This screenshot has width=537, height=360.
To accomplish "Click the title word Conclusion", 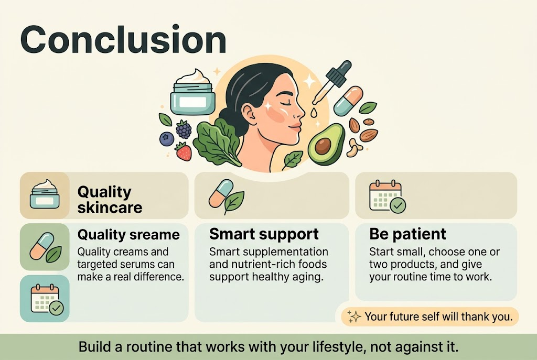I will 123,40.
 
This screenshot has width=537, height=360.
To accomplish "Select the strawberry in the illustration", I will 183,151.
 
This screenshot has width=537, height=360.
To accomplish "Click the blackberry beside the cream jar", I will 183,128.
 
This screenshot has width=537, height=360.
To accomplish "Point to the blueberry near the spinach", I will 167,138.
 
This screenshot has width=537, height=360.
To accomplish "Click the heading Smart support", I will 264,234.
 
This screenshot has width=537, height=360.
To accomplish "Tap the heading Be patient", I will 407,234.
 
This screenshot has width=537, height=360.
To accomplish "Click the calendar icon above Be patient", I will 386,196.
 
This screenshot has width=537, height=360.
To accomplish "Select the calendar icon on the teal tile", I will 46,299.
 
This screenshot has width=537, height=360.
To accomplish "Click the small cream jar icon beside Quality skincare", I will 46,195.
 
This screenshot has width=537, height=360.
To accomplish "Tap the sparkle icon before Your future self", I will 355,316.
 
